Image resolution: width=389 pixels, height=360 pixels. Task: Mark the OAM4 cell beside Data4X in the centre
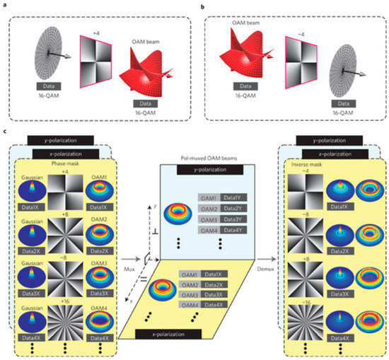187,305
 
